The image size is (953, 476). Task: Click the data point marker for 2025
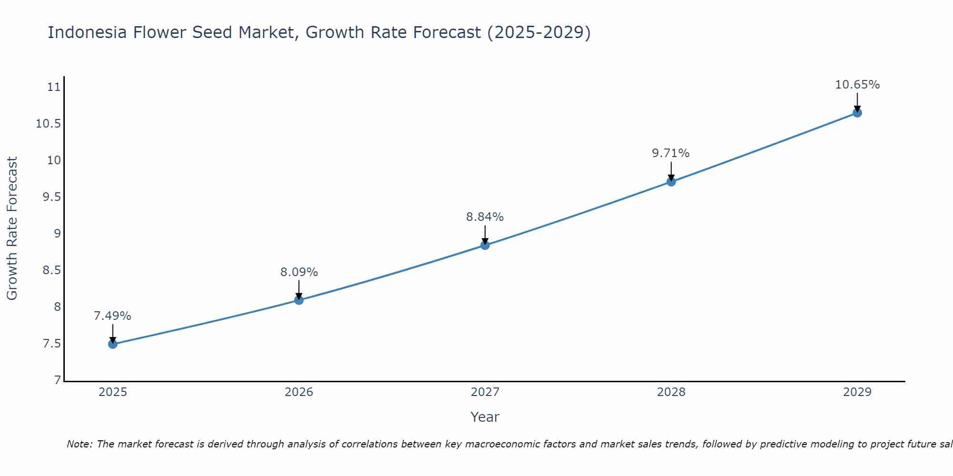113,344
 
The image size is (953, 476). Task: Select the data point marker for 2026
299,300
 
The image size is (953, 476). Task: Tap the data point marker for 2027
485,245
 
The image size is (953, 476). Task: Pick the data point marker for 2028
671,181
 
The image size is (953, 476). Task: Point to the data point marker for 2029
857,113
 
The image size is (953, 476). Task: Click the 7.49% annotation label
112,316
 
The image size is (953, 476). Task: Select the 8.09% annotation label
299,272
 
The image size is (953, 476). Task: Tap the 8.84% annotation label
485,217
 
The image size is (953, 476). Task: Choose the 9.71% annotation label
670,153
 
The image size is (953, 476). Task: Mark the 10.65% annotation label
857,85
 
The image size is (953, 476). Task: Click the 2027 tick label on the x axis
485,392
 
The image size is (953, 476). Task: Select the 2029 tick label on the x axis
857,392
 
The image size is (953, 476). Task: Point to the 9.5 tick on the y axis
52,197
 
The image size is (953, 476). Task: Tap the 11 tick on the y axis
54,87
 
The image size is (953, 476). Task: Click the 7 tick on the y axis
58,380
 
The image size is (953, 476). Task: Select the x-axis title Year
485,417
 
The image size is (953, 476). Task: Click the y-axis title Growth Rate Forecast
12,228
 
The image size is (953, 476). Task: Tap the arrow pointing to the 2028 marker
671,170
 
